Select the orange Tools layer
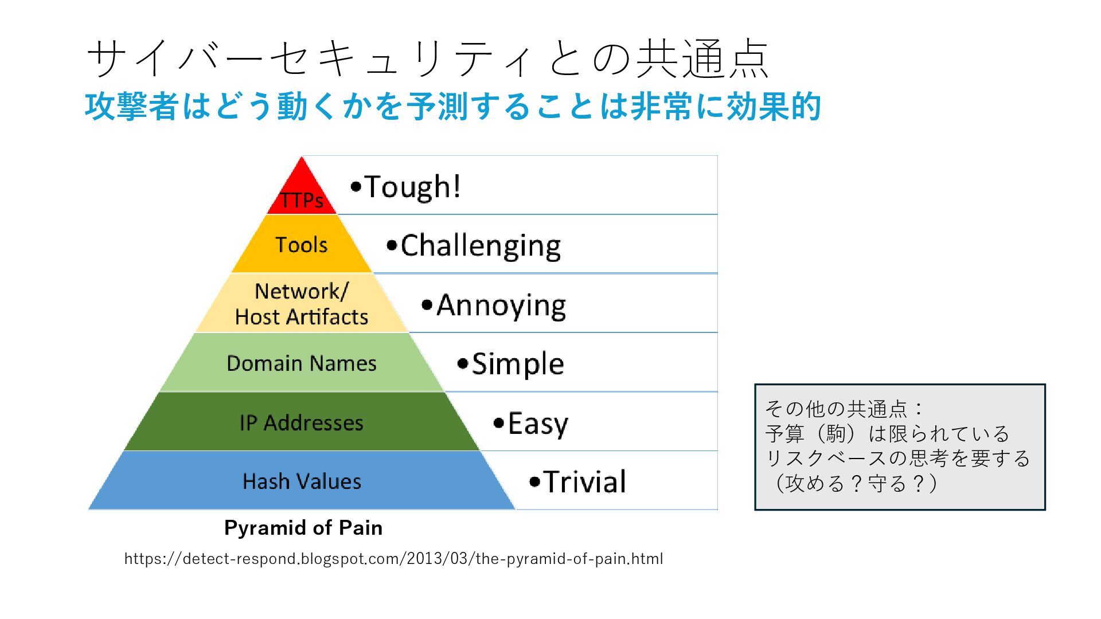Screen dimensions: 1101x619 [302, 245]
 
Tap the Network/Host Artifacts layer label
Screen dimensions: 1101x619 [302, 304]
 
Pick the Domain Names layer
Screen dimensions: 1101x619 [302, 363]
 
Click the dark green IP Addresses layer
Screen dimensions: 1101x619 [302, 423]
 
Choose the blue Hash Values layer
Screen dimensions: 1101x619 [302, 481]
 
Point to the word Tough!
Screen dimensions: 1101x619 [412, 187]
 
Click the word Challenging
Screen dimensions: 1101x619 [481, 246]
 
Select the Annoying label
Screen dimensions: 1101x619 [501, 305]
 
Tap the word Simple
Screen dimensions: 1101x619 [518, 365]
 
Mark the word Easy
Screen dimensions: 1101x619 [538, 424]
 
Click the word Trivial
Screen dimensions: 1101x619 [585, 482]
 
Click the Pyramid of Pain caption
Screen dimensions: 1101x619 [303, 528]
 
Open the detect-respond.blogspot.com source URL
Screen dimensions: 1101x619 [393, 559]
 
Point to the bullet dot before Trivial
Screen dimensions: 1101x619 [535, 482]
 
